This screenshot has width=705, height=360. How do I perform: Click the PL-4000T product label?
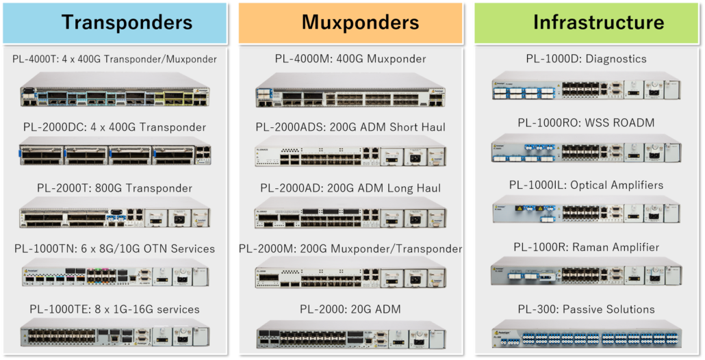115,59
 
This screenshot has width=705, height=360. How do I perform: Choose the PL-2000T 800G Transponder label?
115,188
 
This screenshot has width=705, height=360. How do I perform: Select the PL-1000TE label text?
115,309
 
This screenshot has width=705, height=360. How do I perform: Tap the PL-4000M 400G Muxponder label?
350,59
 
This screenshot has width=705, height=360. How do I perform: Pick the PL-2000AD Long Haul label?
350,188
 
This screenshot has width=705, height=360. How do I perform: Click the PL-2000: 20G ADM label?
350,309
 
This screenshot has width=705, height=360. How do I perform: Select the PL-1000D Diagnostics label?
586,59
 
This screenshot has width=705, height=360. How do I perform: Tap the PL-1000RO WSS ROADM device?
586,151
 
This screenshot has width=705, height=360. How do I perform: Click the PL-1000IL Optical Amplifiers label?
586,185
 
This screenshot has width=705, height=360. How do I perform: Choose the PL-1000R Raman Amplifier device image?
586,274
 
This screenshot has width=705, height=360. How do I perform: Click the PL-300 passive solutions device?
586,336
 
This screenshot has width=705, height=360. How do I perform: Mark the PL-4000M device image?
350,92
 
